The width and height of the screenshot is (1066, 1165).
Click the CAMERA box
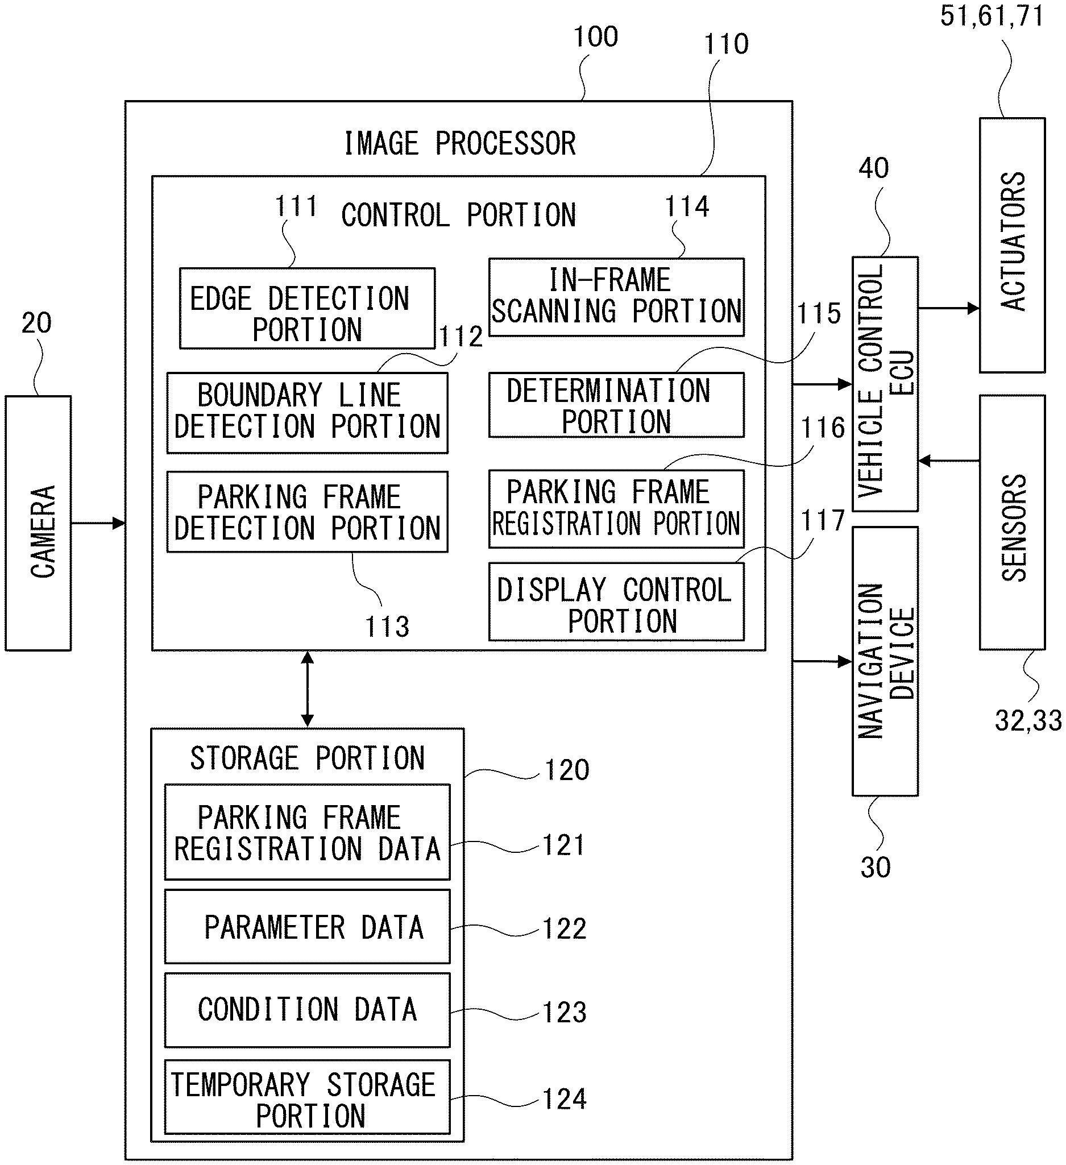click(38, 523)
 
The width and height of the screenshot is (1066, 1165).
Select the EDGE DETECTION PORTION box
click(307, 308)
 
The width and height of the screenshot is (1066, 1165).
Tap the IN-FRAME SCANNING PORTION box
click(616, 297)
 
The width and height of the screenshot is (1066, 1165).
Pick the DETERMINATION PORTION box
click(616, 405)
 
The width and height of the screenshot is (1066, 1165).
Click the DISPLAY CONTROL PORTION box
click(616, 602)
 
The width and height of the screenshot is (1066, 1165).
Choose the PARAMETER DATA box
click(307, 927)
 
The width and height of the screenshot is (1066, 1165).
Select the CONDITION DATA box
click(307, 1010)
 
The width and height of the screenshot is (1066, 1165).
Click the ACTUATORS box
click(1011, 245)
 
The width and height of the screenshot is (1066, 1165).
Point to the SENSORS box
click(1011, 523)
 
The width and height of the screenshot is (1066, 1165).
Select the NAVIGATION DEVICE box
click(885, 661)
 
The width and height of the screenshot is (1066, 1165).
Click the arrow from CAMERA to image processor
click(98, 524)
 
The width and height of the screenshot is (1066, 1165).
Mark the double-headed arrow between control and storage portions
click(308, 689)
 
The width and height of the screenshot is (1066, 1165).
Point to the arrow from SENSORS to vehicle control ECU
click(948, 461)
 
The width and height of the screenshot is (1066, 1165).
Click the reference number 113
click(387, 627)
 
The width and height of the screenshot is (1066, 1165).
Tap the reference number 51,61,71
click(992, 15)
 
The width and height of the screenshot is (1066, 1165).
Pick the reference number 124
click(565, 1098)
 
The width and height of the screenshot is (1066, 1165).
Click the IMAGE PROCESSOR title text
click(460, 143)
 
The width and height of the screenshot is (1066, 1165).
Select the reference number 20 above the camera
click(36, 322)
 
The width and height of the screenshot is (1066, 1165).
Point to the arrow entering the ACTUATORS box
click(948, 308)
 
